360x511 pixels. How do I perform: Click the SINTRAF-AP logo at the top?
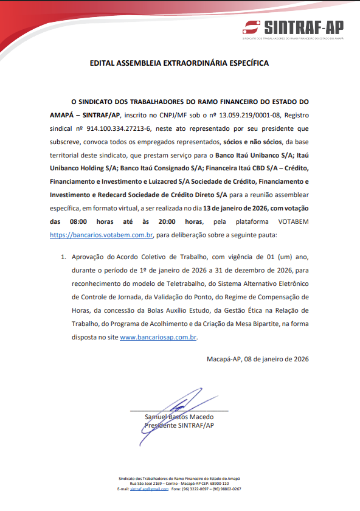click(293, 27)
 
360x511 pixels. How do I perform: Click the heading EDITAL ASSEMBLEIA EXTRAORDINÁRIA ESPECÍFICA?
click(179, 63)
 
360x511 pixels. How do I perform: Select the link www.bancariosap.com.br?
click(159, 337)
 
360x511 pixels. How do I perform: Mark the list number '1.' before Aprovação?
click(63, 257)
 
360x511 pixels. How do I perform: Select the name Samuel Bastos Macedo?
click(179, 417)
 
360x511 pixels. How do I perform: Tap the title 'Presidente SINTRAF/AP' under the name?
click(179, 425)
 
